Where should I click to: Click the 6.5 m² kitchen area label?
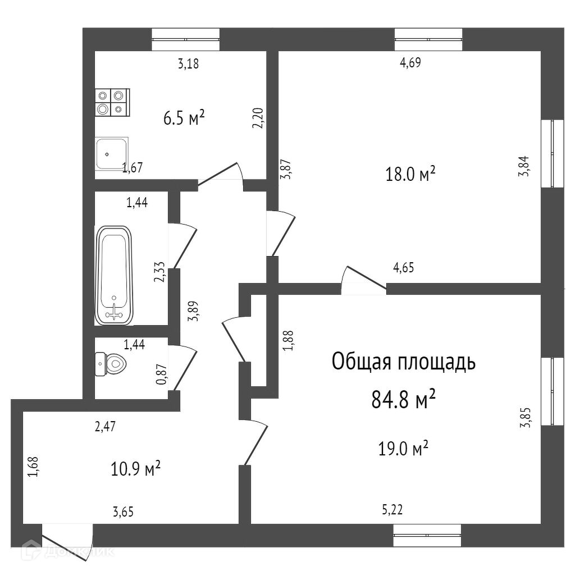(184, 118)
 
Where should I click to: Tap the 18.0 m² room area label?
(410, 174)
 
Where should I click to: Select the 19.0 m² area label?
(403, 448)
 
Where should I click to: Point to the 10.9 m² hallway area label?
(136, 468)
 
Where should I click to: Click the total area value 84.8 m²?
(403, 399)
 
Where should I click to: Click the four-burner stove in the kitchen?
(112, 103)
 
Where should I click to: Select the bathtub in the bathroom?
(113, 275)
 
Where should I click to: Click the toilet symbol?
(111, 364)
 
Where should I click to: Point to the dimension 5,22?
(393, 509)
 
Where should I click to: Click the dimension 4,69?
(410, 63)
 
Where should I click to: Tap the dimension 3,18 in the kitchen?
(189, 64)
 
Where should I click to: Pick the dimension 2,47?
(105, 427)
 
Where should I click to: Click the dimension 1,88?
(288, 341)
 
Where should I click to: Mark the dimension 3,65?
(123, 512)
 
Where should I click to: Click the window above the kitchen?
(186, 39)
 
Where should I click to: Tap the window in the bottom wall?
(427, 535)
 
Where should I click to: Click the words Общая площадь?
(403, 362)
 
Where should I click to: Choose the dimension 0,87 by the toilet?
(161, 374)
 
